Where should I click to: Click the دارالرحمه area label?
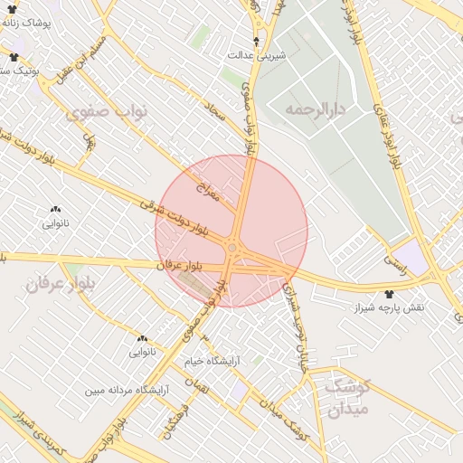[316, 109]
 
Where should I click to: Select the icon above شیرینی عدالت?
[258, 42]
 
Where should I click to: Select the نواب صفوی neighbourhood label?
[107, 112]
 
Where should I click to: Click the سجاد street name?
[215, 112]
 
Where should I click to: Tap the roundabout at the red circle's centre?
[233, 247]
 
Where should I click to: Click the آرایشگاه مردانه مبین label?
[128, 391]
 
